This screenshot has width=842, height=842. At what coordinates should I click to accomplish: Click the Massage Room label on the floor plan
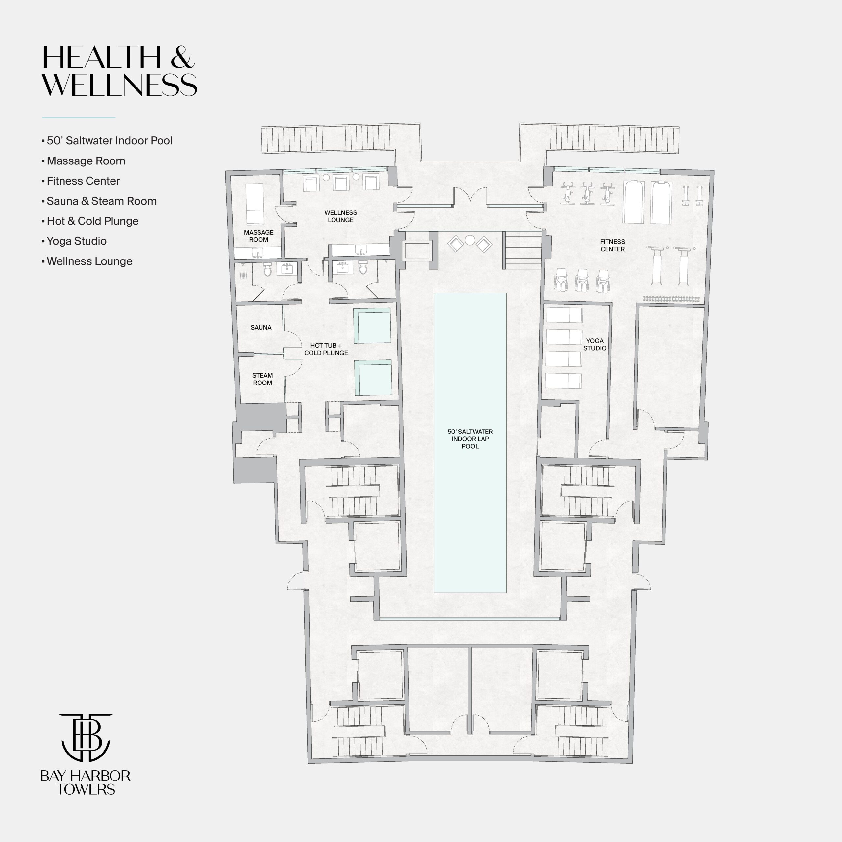click(x=259, y=236)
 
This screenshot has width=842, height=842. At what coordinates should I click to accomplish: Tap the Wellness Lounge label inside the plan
click(x=340, y=216)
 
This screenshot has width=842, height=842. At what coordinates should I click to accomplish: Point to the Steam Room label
click(x=262, y=379)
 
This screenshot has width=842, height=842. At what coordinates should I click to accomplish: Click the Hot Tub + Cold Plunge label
click(x=326, y=349)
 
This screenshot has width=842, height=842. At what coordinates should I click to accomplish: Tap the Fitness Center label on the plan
click(x=612, y=245)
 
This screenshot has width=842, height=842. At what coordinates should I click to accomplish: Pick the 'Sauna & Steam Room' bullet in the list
click(x=99, y=201)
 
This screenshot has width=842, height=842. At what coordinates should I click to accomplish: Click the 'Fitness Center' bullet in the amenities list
click(x=81, y=181)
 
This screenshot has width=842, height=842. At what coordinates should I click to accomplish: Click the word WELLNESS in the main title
click(x=119, y=85)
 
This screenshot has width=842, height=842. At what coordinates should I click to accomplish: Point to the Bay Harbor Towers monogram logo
click(x=86, y=737)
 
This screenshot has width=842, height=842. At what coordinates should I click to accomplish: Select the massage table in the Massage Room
click(x=255, y=204)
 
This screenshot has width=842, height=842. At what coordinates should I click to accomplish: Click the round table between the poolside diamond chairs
click(x=469, y=240)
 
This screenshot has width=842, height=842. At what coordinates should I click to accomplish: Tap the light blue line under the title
click(x=79, y=117)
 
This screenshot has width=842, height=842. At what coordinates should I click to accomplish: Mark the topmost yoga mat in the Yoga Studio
click(x=564, y=315)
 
